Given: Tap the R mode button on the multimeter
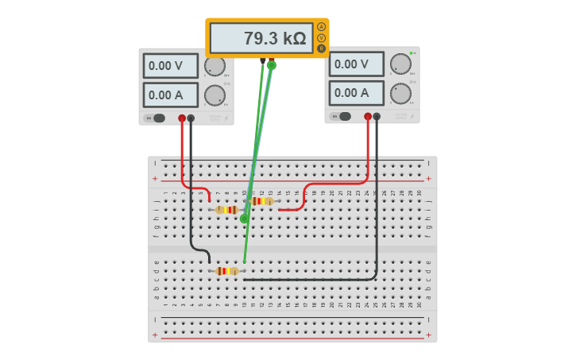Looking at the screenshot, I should [x=322, y=48].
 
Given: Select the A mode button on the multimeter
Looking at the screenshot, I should [x=322, y=26].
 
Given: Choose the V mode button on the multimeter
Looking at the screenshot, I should [x=322, y=37].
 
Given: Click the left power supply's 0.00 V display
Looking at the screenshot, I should [x=170, y=66].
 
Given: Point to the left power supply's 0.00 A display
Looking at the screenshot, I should [x=170, y=95].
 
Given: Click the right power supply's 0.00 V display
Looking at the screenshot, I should [x=356, y=64].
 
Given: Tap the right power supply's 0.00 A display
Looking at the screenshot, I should [x=356, y=93].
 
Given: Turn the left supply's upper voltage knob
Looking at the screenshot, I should [x=215, y=67].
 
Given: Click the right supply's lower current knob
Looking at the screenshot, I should [x=400, y=94].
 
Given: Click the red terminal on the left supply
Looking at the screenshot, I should [x=182, y=118].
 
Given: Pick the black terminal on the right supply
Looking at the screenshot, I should [x=377, y=117].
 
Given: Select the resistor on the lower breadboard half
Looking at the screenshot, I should [x=227, y=271].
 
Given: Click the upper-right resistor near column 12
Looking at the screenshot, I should [x=261, y=201].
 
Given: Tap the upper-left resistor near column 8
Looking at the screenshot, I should [x=227, y=210].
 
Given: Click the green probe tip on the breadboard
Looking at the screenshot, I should [x=245, y=218].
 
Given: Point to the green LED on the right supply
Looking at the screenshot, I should [x=412, y=53].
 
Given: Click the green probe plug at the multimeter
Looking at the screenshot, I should [x=272, y=65].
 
